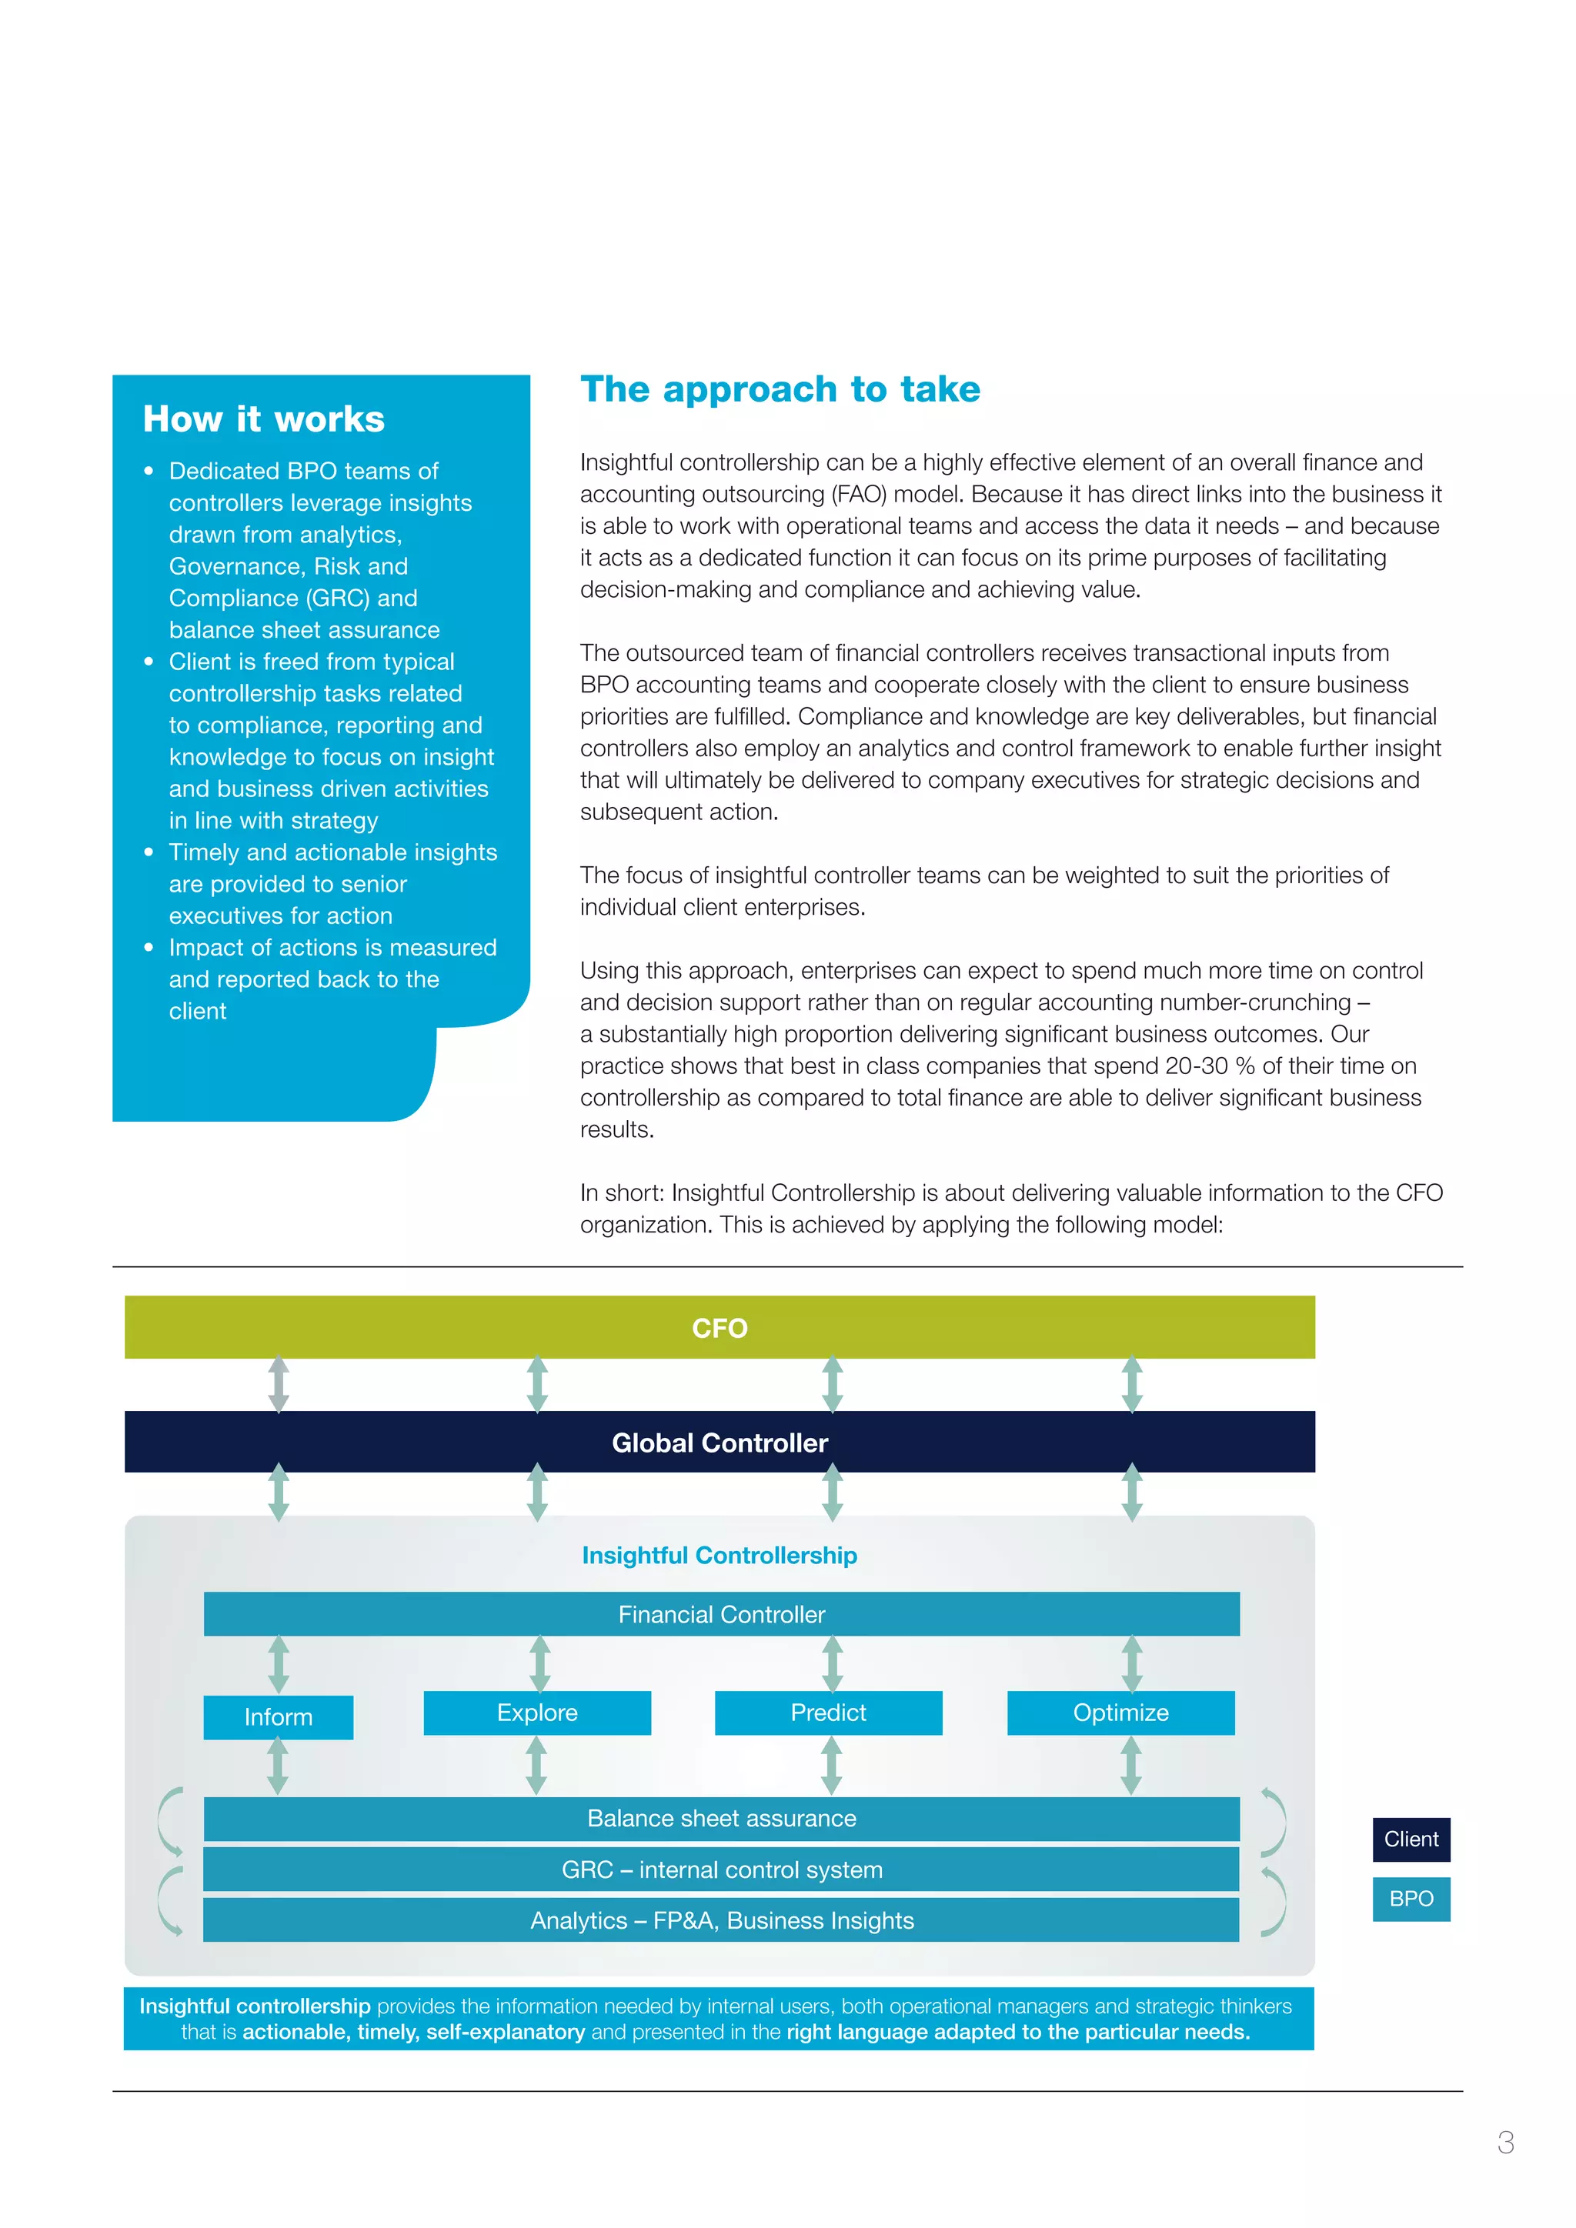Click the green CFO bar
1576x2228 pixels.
point(719,1326)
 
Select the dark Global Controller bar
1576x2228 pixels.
point(719,1442)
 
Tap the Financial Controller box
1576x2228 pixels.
point(721,1614)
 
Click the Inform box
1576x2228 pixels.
point(279,1716)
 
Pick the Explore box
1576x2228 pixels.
point(536,1713)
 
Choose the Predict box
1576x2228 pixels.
point(828,1713)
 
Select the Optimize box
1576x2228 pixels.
point(1121,1713)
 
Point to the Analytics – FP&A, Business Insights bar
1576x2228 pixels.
point(721,1920)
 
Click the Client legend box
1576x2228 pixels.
point(1411,1839)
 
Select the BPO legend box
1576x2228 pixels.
point(1411,1899)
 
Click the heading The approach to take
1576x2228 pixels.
point(780,389)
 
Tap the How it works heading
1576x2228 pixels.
point(264,419)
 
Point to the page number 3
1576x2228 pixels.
point(1505,2142)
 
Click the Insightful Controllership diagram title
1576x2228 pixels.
point(719,1555)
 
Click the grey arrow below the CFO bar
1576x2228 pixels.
point(279,1384)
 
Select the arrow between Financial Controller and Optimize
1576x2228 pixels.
point(1131,1663)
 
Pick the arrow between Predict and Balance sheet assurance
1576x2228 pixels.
point(830,1765)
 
